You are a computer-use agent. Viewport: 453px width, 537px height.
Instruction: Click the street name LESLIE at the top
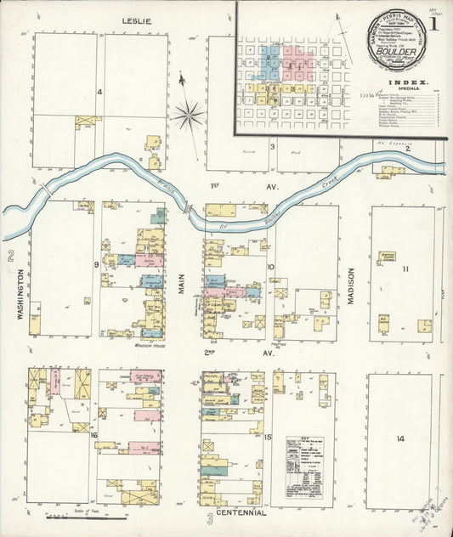[x=136, y=20]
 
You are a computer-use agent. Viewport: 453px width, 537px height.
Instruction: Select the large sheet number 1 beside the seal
[x=433, y=25]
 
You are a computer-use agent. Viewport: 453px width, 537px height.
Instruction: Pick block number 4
[x=99, y=92]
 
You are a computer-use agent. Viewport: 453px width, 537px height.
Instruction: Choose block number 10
[x=271, y=266]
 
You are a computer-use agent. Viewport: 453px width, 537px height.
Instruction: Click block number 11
[x=405, y=269]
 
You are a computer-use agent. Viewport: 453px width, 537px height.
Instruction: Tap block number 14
[x=399, y=439]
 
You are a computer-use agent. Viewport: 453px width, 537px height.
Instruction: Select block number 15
[x=268, y=437]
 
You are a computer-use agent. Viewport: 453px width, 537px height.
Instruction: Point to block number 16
[x=94, y=436]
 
